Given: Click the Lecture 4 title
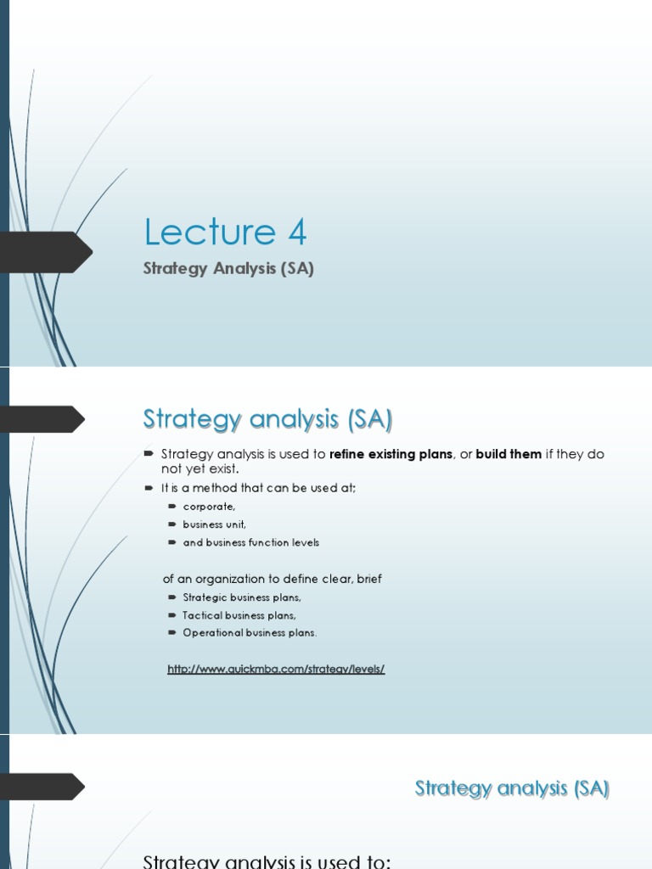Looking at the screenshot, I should click(x=225, y=232).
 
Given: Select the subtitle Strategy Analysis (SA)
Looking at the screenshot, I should click(x=228, y=270).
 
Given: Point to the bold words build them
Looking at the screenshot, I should click(x=509, y=454).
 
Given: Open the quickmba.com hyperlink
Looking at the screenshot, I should click(x=276, y=669).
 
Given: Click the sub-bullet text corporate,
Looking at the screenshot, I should click(x=210, y=507).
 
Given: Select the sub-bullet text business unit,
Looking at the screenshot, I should click(x=215, y=524).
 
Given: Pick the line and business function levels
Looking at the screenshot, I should click(x=251, y=542).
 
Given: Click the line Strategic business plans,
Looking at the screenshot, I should click(x=242, y=597).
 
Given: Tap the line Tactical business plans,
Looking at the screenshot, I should click(x=239, y=615).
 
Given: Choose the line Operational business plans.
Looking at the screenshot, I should click(x=250, y=632).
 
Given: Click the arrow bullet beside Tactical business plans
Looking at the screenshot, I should click(x=172, y=615).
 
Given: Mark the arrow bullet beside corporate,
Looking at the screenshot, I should click(x=172, y=507).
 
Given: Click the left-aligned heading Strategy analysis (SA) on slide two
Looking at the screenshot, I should click(x=267, y=419).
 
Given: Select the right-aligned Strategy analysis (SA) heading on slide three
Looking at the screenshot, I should click(x=512, y=788).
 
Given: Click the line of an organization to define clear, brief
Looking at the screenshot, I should click(x=272, y=579).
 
